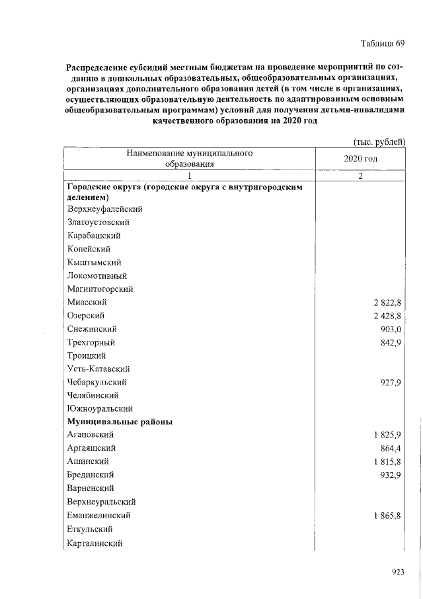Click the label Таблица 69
(382, 44)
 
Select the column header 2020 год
(361, 160)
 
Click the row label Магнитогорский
(100, 289)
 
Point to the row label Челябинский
(93, 395)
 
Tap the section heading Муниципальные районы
(120, 422)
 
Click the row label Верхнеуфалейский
(105, 209)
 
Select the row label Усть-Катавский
(98, 369)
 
